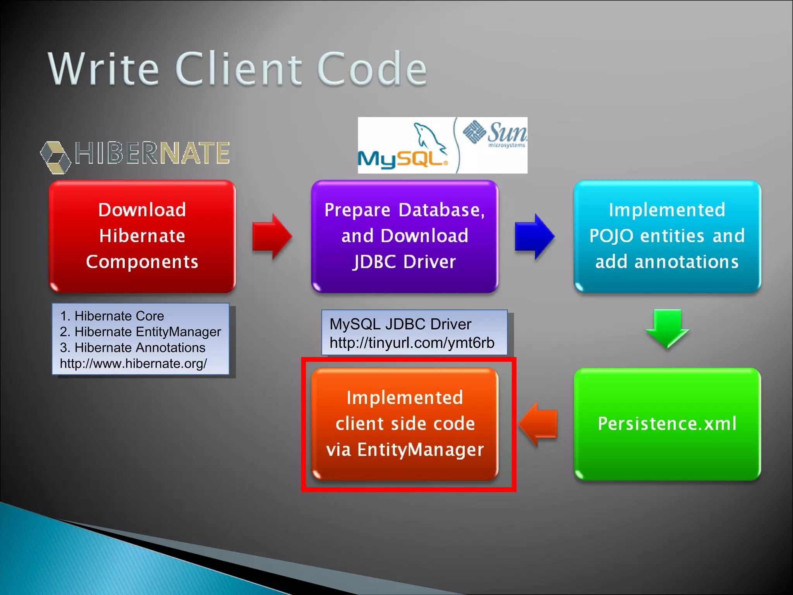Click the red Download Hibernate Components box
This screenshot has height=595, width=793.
coord(142,236)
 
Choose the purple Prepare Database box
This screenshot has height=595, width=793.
coord(405,236)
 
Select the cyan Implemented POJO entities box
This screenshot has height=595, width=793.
coord(667,236)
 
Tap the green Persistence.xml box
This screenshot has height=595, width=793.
coord(667,424)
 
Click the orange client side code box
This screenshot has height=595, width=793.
coord(405,424)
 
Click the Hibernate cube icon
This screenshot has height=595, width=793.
coord(56,157)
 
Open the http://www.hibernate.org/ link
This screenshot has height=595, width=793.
coord(133,364)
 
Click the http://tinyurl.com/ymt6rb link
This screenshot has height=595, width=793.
coord(412,343)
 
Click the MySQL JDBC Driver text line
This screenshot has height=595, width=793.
coord(400,324)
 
